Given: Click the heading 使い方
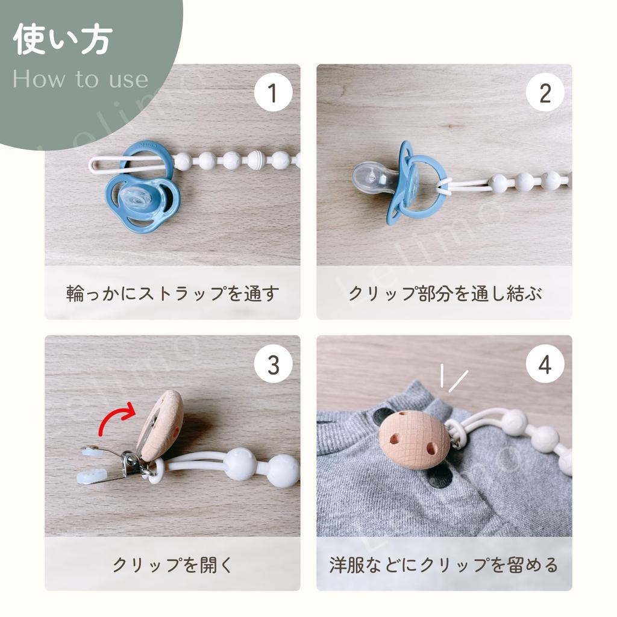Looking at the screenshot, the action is point(63,39).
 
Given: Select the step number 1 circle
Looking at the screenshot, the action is point(273,92).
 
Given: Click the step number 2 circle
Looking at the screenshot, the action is point(545,92).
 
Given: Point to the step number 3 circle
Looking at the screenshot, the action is point(273,365).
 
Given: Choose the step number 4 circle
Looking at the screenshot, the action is point(545,365).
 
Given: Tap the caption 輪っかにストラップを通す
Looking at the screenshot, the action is point(173,293).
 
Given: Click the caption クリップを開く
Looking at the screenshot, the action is point(173,565).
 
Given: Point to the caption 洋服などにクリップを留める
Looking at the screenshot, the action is point(444,565).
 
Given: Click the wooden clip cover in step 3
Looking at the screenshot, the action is point(160,425).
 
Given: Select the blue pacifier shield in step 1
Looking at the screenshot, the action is point(142,204).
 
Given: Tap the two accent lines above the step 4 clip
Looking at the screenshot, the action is point(453,378).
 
